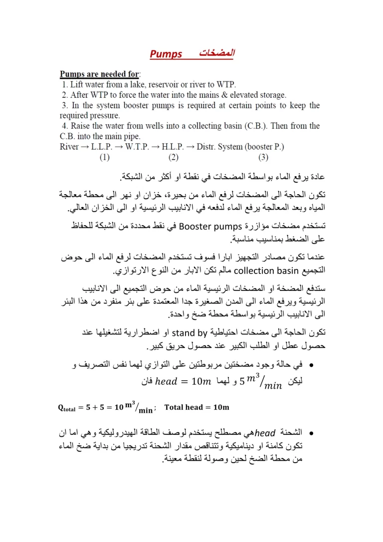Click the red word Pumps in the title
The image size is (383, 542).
coord(166,54)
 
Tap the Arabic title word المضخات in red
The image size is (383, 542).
coord(216,53)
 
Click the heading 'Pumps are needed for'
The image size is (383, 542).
coord(100,74)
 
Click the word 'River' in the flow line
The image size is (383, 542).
coord(69,147)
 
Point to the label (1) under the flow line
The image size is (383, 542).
coord(104,157)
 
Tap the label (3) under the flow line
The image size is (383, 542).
coord(263,157)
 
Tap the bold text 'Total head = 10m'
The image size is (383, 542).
coord(196,407)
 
